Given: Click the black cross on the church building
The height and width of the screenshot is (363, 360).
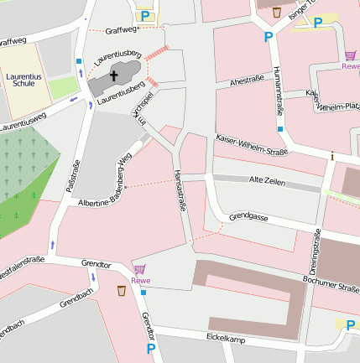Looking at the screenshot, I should (114, 75).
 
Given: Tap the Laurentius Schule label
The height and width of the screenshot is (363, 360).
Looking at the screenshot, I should (25, 80).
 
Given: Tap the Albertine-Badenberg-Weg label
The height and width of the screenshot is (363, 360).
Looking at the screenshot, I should (105, 180).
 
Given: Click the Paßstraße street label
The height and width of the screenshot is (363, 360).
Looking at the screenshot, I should (73, 177).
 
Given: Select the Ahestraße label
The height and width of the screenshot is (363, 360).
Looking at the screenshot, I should (247, 81).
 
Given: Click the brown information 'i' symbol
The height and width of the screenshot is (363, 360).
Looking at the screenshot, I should (332, 156).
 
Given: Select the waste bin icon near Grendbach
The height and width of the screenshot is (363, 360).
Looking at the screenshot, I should (123, 291).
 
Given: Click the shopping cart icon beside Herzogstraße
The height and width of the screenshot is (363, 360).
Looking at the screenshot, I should (139, 270).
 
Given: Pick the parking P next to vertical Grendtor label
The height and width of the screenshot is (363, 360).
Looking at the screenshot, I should (151, 348).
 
